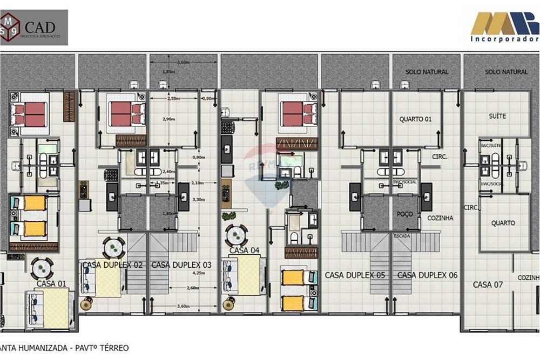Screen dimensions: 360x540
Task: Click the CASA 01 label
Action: pos(51,283)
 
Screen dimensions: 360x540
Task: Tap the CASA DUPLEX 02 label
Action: pos(112,265)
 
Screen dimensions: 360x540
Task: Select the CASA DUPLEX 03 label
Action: pos(181,265)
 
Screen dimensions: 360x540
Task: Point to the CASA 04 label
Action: pos(245,250)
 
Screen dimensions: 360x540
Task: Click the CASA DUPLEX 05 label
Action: pos(355,275)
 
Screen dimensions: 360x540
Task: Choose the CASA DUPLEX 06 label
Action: pos(427,275)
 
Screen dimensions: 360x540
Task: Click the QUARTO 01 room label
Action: pos(416,119)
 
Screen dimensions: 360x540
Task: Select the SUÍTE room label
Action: pos(497,116)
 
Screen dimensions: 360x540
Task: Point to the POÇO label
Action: pos(404,214)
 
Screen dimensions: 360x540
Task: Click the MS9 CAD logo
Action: pos(34,27)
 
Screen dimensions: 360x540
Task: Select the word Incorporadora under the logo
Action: pos(504,39)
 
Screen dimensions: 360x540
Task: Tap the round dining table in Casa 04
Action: pos(236,235)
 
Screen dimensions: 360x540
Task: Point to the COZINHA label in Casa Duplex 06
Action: pos(440,218)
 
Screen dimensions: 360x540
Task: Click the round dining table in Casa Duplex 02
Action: pos(113,248)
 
